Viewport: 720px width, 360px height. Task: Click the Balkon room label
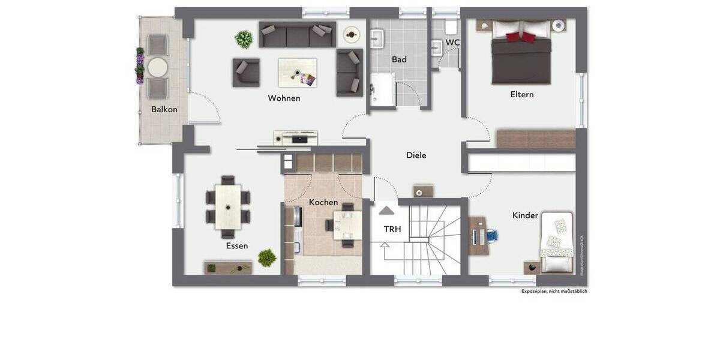pyautogui.click(x=164, y=109)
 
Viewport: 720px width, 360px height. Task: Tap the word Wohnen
pyautogui.click(x=284, y=98)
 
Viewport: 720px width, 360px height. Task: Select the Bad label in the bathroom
pyautogui.click(x=399, y=59)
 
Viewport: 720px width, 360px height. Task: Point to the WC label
pyautogui.click(x=453, y=43)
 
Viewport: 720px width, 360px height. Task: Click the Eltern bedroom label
pyautogui.click(x=521, y=94)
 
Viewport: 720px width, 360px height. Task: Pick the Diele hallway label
pyautogui.click(x=416, y=155)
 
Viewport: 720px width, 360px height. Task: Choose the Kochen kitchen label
pyautogui.click(x=323, y=202)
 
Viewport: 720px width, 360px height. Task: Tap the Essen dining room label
pyautogui.click(x=237, y=245)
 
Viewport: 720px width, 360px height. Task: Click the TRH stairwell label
pyautogui.click(x=392, y=229)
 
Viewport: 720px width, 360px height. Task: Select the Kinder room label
pyautogui.click(x=525, y=215)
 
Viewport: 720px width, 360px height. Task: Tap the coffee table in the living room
pyautogui.click(x=297, y=73)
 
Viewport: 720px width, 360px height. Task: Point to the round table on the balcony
pyautogui.click(x=158, y=67)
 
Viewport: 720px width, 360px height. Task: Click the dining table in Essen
pyautogui.click(x=228, y=206)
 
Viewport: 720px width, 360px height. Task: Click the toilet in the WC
pyautogui.click(x=452, y=26)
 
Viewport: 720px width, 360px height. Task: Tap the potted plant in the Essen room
pyautogui.click(x=267, y=259)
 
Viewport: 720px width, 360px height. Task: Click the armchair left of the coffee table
pyautogui.click(x=246, y=73)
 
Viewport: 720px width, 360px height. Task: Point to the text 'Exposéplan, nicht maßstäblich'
pyautogui.click(x=554, y=291)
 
